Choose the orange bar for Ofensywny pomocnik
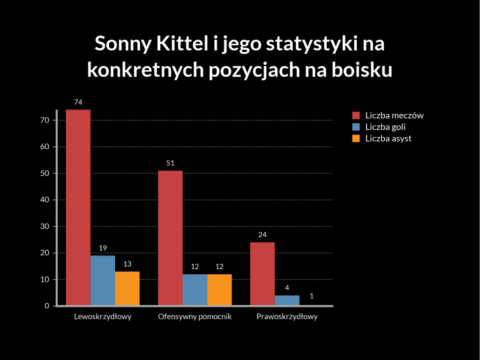(219, 290)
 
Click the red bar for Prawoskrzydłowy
(262, 274)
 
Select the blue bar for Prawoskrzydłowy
(287, 300)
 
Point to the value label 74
(78, 102)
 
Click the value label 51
(170, 163)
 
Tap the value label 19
(103, 247)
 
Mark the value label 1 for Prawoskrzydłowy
(311, 296)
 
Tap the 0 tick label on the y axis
(47, 306)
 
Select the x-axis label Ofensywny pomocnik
(195, 317)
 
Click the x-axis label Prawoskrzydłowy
(287, 317)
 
